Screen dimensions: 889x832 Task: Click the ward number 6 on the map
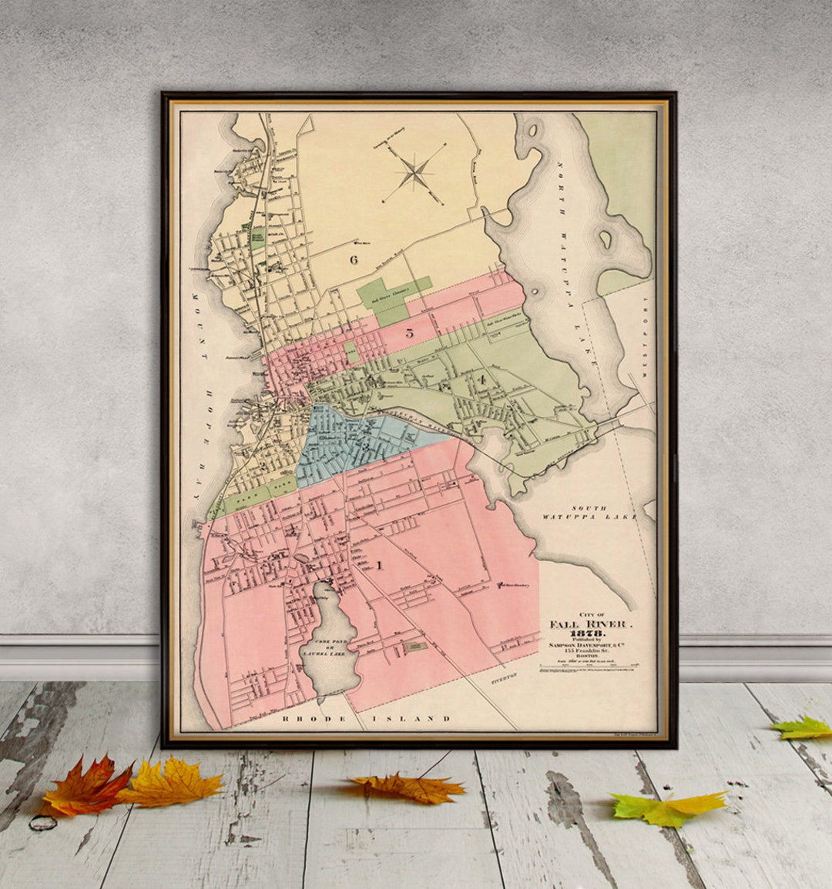click(x=354, y=259)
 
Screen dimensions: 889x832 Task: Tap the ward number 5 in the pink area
click(x=410, y=333)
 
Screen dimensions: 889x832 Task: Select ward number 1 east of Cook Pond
click(x=379, y=566)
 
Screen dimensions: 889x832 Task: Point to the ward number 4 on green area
click(x=481, y=379)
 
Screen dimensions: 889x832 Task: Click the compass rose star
click(x=415, y=172)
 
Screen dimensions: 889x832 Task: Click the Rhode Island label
click(x=367, y=718)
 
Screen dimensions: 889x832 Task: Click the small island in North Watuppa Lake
click(x=606, y=239)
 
